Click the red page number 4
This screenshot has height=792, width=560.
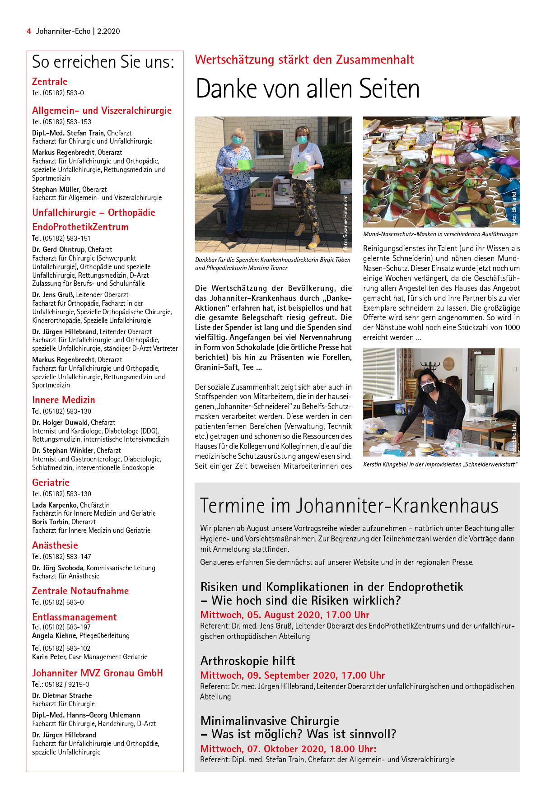[x=29, y=31]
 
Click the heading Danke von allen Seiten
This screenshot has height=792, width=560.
[x=307, y=89]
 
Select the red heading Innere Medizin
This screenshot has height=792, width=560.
[x=63, y=400]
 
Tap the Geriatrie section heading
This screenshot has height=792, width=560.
[x=51, y=483]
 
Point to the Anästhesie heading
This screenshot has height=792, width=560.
[x=55, y=545]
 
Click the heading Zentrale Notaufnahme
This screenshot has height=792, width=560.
[x=80, y=591]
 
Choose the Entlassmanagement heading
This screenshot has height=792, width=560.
[x=74, y=617]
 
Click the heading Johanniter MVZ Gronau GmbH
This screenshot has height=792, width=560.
[x=97, y=673]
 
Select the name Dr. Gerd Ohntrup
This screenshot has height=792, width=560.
[x=58, y=250]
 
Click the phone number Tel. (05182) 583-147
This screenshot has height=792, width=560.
[x=61, y=557]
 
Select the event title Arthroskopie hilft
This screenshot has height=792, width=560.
[x=247, y=661]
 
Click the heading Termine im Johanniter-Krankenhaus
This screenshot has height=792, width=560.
[x=349, y=506]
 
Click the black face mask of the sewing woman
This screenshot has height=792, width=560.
[x=428, y=387]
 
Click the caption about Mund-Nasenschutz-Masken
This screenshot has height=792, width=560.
[x=440, y=234]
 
